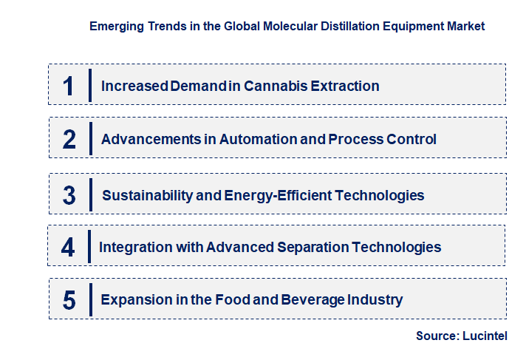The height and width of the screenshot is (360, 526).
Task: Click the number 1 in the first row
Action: [x=69, y=86]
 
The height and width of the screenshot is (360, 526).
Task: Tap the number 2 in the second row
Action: [x=69, y=139]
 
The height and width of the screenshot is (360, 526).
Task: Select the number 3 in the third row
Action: [x=69, y=196]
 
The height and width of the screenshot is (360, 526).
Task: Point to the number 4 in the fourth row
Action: [x=68, y=248]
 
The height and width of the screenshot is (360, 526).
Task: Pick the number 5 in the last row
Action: [x=69, y=300]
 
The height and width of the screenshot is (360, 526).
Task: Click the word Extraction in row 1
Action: [x=345, y=86]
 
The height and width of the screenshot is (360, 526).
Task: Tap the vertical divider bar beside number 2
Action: [x=90, y=139]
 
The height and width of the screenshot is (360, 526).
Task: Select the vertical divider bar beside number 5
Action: [x=90, y=300]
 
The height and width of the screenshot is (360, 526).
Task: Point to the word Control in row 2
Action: [x=411, y=139]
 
